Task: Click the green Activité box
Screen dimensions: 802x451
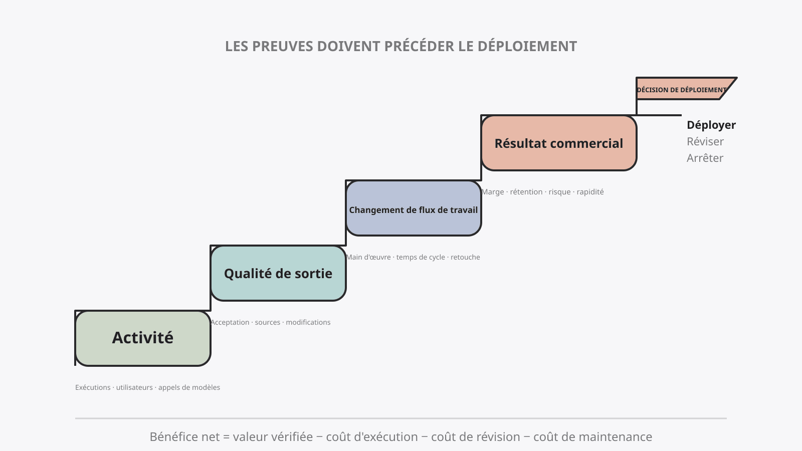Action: click(143, 338)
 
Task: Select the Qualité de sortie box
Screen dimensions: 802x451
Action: click(278, 273)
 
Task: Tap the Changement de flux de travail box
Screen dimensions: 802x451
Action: click(414, 208)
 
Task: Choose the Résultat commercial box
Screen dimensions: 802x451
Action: click(559, 143)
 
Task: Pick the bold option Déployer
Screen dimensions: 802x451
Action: click(711, 125)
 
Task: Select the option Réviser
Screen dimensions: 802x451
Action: click(705, 141)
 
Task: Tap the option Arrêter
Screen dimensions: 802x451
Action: click(705, 158)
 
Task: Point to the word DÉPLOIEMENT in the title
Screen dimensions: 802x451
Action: click(527, 46)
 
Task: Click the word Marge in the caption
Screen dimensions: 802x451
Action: click(493, 192)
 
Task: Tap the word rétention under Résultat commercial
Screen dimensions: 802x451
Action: click(526, 192)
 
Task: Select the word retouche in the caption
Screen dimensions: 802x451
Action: click(465, 257)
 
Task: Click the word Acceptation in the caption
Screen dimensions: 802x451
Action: click(230, 322)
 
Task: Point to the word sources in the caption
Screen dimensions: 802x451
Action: click(268, 322)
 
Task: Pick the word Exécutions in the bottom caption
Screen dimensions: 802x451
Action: click(93, 387)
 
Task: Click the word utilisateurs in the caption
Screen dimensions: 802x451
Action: click(134, 387)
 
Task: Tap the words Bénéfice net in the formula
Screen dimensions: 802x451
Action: click(184, 436)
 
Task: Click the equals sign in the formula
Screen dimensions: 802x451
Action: click(226, 437)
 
